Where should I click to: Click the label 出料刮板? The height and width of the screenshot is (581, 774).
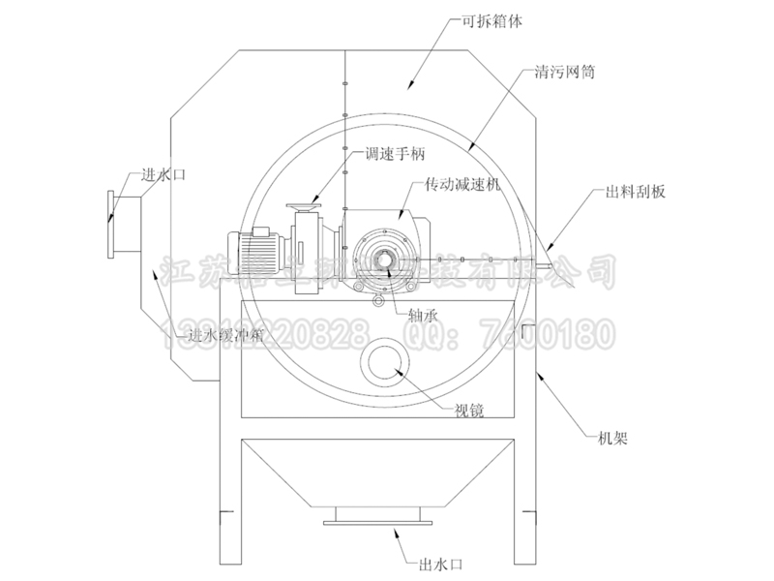(x=636, y=192)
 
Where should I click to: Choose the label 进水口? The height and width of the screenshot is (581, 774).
(x=163, y=174)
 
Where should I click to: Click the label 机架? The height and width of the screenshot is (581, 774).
(x=611, y=439)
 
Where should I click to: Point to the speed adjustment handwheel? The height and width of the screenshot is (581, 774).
(x=306, y=205)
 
